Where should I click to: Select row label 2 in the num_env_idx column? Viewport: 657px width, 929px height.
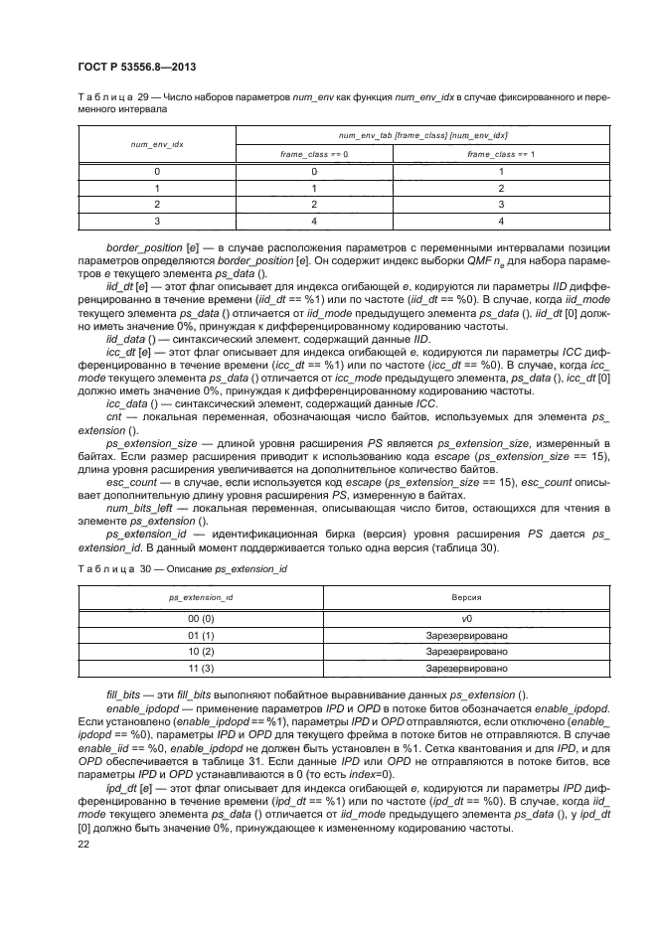pos(155,203)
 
